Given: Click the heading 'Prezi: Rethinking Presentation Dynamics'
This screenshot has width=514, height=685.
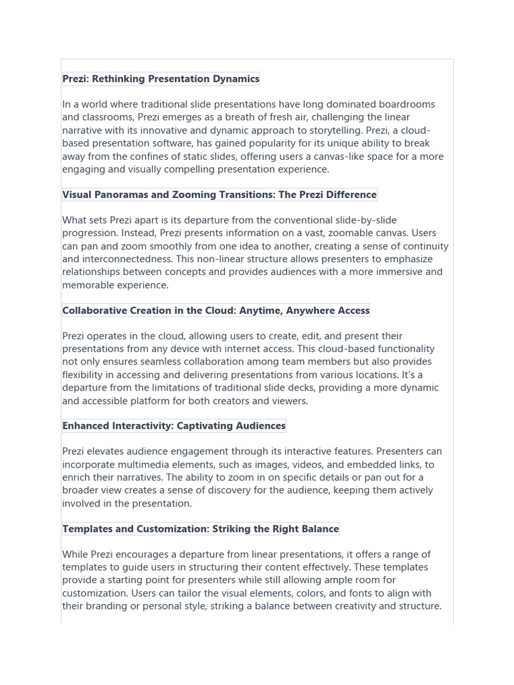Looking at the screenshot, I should tap(161, 79).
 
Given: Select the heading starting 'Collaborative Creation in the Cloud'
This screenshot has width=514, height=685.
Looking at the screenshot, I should tap(216, 310).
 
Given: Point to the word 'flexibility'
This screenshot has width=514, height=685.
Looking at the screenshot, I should tap(85, 375).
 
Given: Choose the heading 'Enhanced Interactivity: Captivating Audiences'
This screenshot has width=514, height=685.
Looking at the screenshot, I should tap(174, 425).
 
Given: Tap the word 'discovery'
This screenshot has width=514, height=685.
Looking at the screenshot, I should tap(265, 490).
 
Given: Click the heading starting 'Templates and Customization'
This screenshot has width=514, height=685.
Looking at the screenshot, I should tap(201, 529).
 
